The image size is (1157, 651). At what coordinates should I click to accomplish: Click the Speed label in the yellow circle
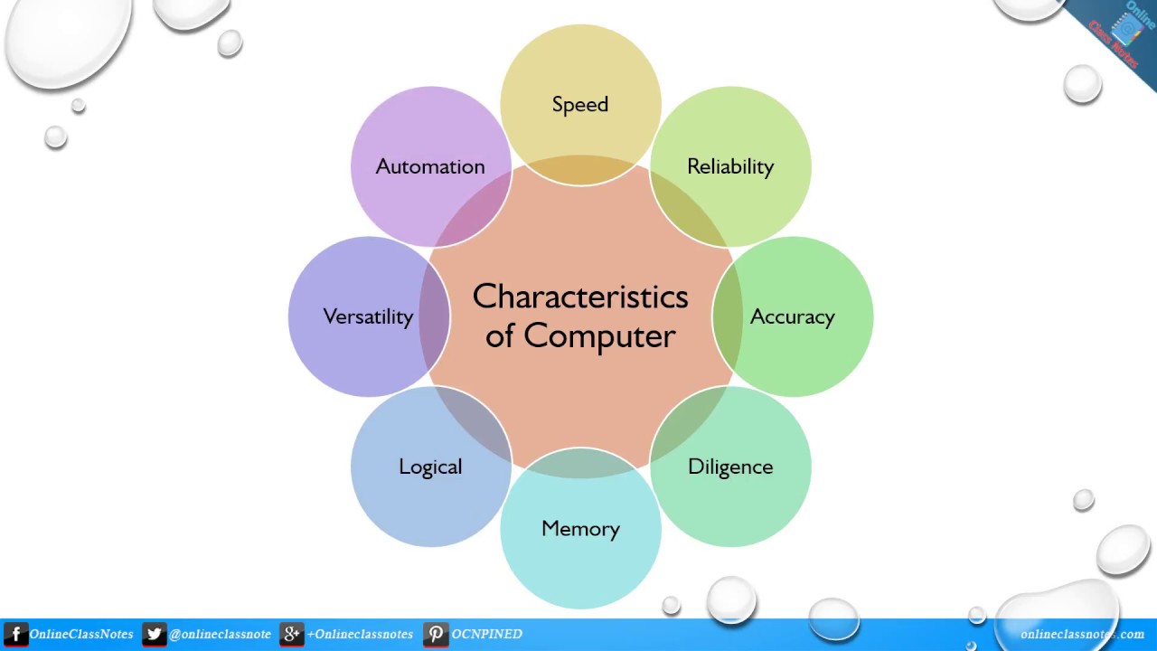point(580,105)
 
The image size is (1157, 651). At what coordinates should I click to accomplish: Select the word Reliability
point(730,167)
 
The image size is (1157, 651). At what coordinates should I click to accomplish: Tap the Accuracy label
point(792,317)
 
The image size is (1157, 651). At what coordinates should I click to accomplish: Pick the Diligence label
point(730,467)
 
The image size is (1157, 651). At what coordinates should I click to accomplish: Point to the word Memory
point(580,529)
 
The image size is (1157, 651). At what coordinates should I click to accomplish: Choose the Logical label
point(430,467)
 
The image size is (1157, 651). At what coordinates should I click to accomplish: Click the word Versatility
point(368,316)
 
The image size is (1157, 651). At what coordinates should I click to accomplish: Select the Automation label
point(430,166)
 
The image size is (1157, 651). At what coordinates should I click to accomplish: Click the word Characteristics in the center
point(580,297)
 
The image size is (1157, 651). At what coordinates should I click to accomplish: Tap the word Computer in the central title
point(599,336)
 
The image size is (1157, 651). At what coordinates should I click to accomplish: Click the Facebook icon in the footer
point(15,635)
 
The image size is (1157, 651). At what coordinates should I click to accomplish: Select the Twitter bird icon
point(154,635)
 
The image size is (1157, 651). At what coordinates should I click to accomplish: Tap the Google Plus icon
point(291,635)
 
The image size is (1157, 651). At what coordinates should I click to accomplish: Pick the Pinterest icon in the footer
point(436,635)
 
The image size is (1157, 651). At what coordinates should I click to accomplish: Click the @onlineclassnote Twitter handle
point(220,635)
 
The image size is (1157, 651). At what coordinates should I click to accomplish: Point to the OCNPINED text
point(486,635)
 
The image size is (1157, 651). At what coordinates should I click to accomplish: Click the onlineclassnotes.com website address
point(1082,635)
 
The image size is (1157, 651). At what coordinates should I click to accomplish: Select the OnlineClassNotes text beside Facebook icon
point(80,635)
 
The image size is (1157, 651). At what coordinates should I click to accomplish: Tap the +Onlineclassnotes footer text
point(359,635)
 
